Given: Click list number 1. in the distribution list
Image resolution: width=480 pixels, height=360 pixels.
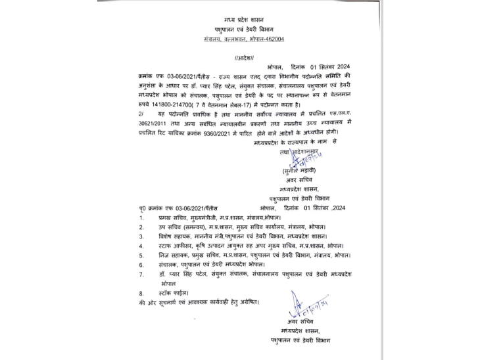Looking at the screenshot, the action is (141, 216).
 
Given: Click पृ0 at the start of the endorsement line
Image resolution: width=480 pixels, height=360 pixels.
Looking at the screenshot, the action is (144, 207).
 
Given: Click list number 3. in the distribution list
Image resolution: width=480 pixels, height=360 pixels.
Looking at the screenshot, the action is (141, 235).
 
